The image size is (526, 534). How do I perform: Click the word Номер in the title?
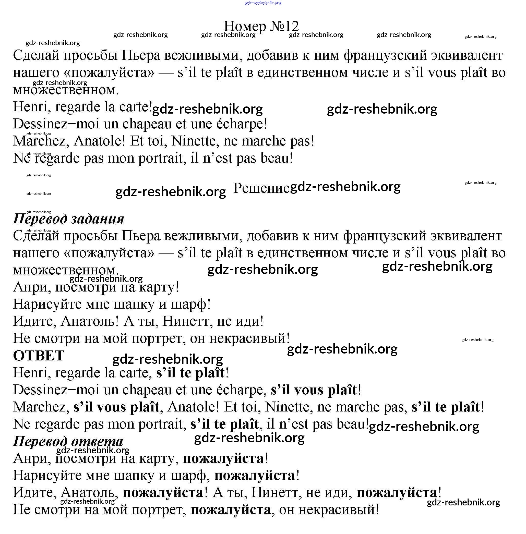tap(245, 27)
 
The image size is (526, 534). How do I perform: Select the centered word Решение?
tap(261, 188)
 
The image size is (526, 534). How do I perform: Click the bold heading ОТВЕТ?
tap(39, 356)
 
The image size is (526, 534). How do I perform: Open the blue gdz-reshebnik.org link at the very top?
tap(263, 3)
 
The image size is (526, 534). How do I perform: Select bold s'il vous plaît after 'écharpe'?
tap(314, 390)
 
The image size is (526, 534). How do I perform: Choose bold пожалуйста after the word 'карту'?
tap(223, 459)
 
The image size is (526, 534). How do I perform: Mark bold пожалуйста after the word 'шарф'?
tap(255, 476)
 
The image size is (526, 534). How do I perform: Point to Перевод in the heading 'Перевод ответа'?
tap(40, 441)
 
